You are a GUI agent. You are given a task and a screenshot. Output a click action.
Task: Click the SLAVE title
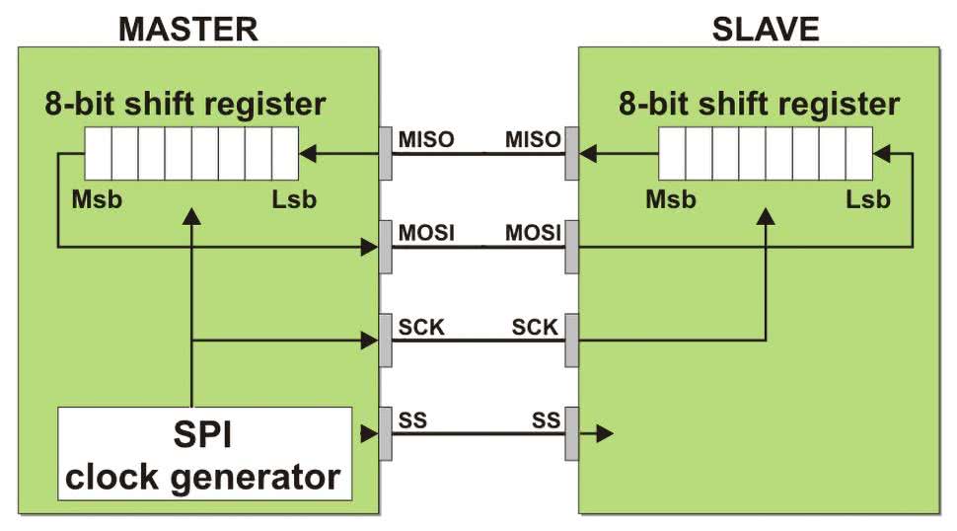click(765, 29)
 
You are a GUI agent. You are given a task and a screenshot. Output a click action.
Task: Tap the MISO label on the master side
click(425, 139)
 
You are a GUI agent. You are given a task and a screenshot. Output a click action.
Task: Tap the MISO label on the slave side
click(532, 139)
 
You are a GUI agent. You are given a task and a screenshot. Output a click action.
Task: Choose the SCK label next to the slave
click(535, 327)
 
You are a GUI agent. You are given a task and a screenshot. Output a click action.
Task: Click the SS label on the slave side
click(546, 419)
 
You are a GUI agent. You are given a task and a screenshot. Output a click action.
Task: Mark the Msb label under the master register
click(96, 200)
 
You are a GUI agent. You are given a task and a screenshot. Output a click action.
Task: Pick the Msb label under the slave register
click(671, 200)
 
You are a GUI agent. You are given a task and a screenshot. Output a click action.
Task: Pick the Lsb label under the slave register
click(868, 200)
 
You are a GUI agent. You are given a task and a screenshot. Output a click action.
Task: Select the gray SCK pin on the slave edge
click(571, 340)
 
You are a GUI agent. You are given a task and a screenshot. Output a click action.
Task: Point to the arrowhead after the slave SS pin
click(605, 433)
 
